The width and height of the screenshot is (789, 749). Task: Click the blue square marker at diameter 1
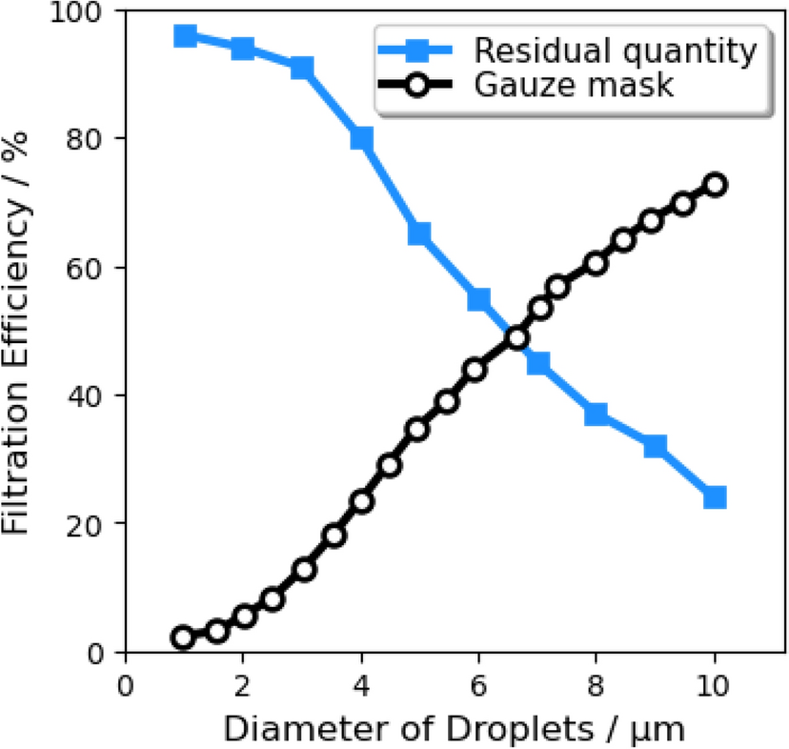[185, 36]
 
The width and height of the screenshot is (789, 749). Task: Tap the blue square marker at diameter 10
[715, 497]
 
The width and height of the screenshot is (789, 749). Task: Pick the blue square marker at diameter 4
[361, 139]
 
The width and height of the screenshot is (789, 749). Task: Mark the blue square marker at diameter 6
[479, 300]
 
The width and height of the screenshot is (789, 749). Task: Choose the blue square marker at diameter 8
[597, 414]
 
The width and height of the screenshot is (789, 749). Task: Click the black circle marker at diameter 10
[715, 185]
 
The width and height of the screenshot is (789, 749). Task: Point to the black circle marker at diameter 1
[184, 638]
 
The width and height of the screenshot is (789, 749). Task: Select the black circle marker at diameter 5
[417, 429]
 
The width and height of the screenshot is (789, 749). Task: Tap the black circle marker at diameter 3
[305, 570]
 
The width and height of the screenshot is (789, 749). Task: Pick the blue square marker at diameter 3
[303, 68]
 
